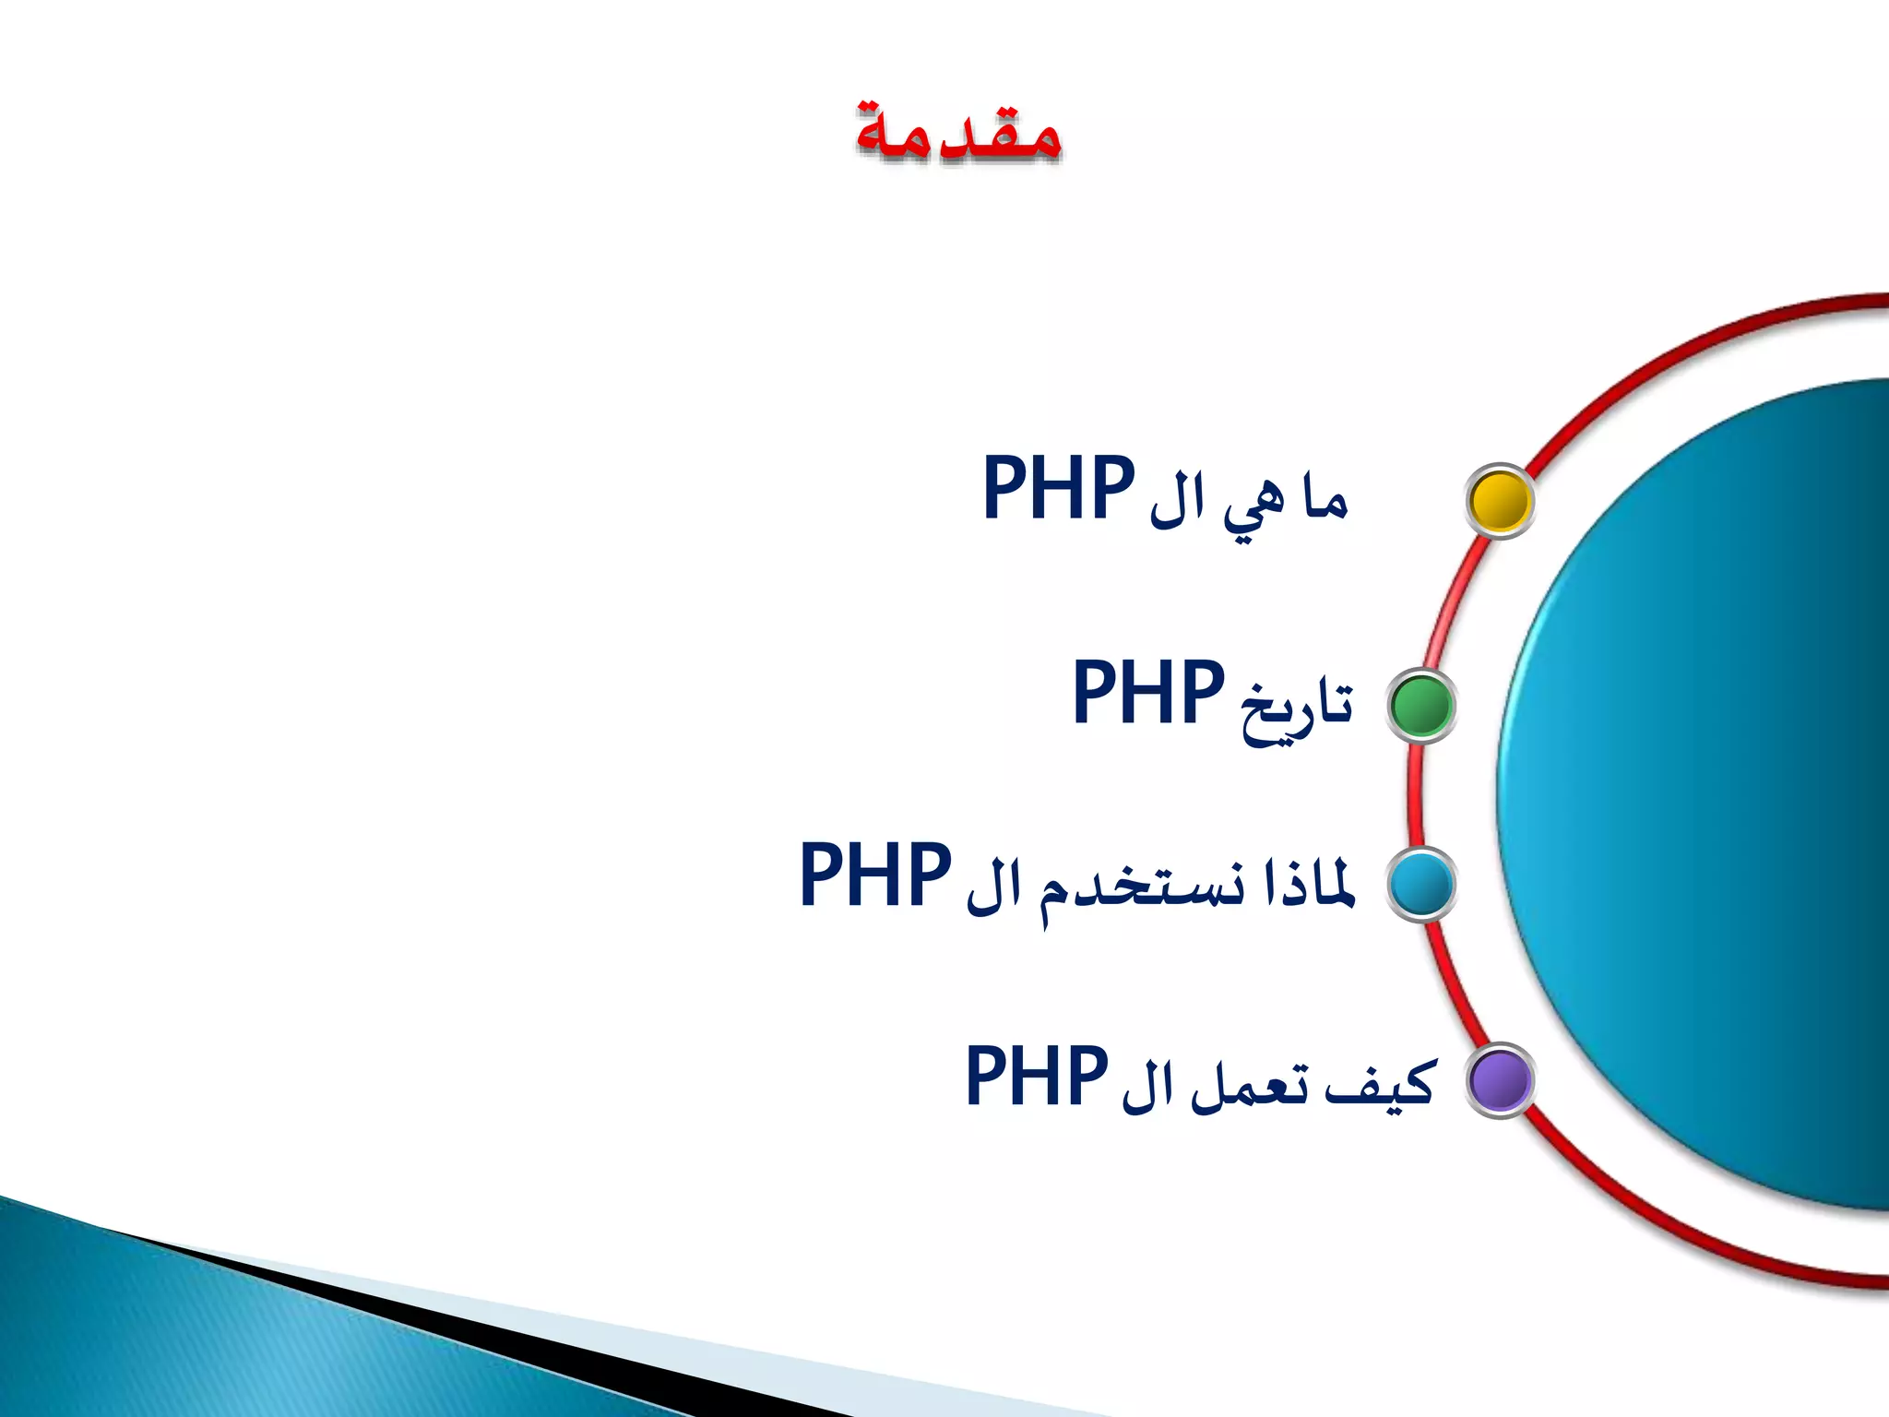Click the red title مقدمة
pos(958,135)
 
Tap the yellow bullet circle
pos(1500,501)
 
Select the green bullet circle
pos(1421,706)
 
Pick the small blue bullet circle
pos(1421,884)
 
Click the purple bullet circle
pos(1500,1080)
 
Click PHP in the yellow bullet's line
pos(1058,488)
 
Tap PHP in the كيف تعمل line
pos(1036,1077)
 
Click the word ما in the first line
pos(1325,501)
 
